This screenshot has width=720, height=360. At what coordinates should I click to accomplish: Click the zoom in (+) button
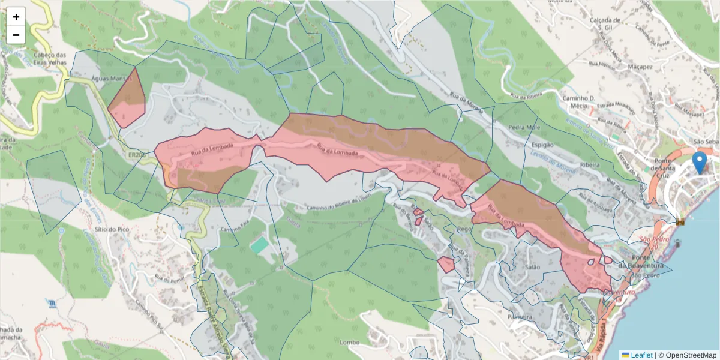(16, 17)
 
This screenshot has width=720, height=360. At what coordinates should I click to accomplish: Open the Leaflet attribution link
(641, 355)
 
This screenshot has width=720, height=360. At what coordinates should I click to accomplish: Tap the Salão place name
(532, 267)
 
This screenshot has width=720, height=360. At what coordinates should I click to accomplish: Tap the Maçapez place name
(640, 67)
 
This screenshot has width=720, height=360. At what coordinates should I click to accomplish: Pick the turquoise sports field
(260, 245)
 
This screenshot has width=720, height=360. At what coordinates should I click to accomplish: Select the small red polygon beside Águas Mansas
(127, 99)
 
